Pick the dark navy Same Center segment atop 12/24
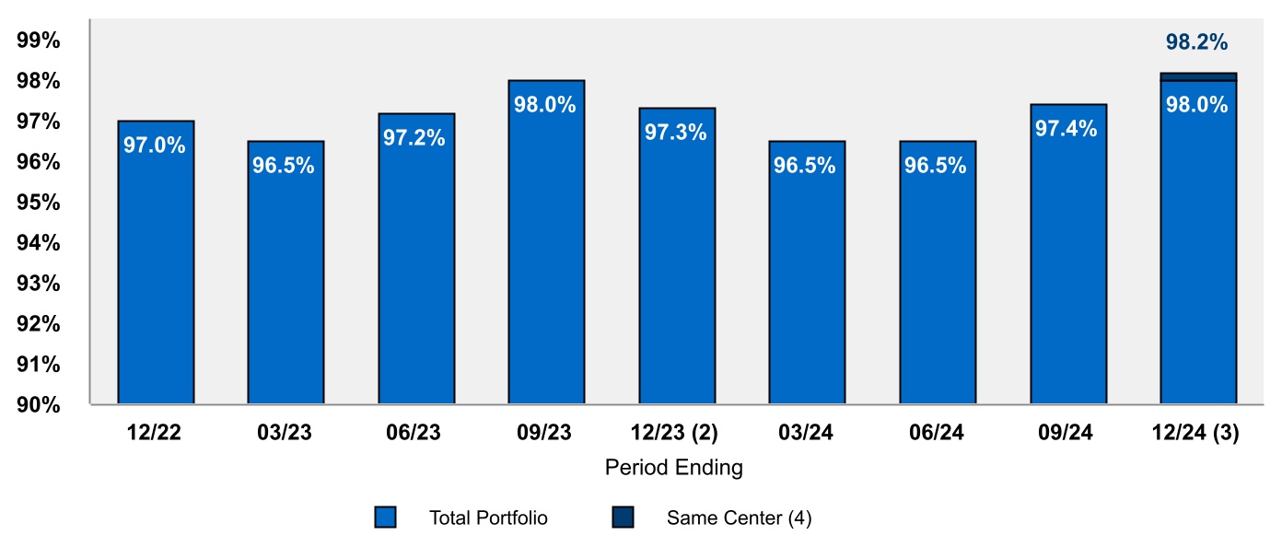pyautogui.click(x=1198, y=76)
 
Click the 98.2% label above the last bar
pyautogui.click(x=1197, y=42)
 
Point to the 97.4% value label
pyautogui.click(x=1066, y=129)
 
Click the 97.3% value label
pyautogui.click(x=675, y=133)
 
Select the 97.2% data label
pyautogui.click(x=415, y=138)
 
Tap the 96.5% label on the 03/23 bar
pyautogui.click(x=285, y=166)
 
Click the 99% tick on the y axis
pyautogui.click(x=39, y=41)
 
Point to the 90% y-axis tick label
pyautogui.click(x=39, y=404)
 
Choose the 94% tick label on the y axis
pyautogui.click(x=39, y=242)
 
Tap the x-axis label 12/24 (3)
pyautogui.click(x=1197, y=433)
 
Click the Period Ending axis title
pyautogui.click(x=673, y=468)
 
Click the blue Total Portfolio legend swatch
pyautogui.click(x=385, y=518)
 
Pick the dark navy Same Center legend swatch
pyautogui.click(x=623, y=518)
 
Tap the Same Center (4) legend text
pyautogui.click(x=739, y=518)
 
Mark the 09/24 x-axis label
pyautogui.click(x=1067, y=433)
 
